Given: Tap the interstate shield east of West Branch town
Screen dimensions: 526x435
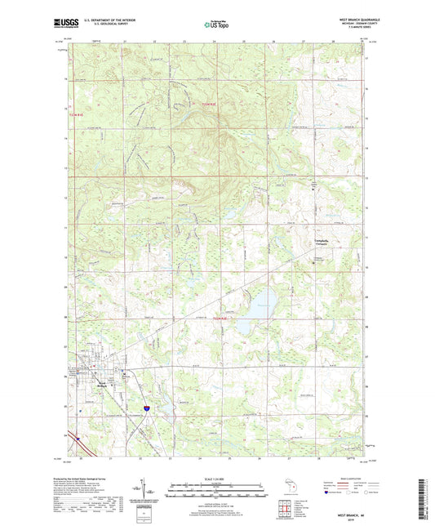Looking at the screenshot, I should coord(146,406).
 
